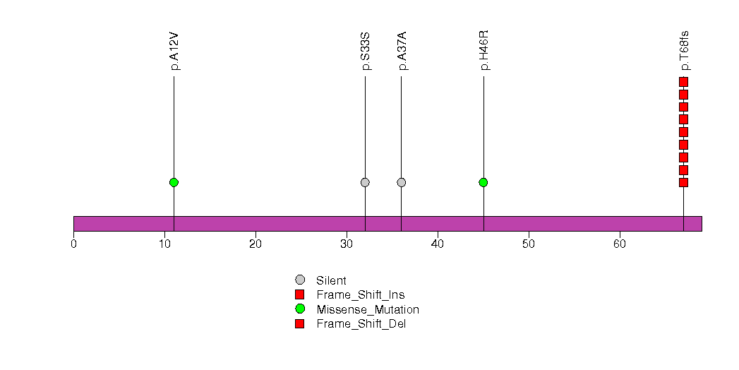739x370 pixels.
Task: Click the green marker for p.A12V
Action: [174, 182]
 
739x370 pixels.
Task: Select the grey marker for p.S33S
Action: [365, 182]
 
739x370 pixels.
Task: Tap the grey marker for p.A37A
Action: [402, 182]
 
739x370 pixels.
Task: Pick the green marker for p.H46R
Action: [483, 182]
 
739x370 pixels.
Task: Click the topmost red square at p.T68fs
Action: [684, 82]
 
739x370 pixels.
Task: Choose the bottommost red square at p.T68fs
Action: [684, 182]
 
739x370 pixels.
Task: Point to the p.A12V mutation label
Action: [175, 52]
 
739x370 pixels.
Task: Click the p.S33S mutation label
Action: [366, 52]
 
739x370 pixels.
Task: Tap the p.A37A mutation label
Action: [402, 52]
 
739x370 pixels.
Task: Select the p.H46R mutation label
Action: [484, 50]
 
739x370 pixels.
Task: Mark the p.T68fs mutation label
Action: [685, 51]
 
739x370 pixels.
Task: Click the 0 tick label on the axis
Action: [73, 244]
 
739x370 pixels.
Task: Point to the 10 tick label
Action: [164, 244]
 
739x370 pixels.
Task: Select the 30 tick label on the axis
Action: [347, 244]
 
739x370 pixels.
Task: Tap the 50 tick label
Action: [529, 244]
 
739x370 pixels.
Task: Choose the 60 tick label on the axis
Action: [620, 244]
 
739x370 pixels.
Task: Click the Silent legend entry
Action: [331, 280]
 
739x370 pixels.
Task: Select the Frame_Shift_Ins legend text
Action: [361, 295]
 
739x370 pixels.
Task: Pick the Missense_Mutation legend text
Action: [368, 310]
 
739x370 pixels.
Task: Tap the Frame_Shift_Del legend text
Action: [361, 324]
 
